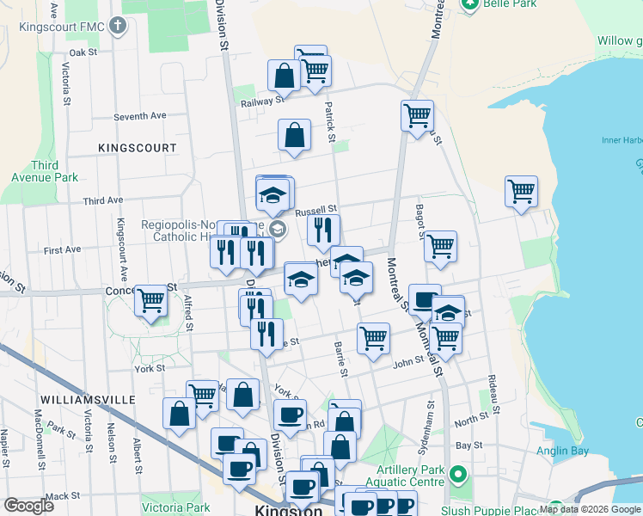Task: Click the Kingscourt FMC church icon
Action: point(117,26)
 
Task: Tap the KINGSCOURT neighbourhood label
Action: point(138,148)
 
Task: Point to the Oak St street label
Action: point(84,52)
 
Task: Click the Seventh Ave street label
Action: point(139,115)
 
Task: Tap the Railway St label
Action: point(262,101)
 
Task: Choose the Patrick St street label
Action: point(329,120)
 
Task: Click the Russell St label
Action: point(315,210)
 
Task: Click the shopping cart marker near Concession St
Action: point(151,301)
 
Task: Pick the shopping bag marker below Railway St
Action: point(294,136)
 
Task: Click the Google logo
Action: point(28,506)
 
